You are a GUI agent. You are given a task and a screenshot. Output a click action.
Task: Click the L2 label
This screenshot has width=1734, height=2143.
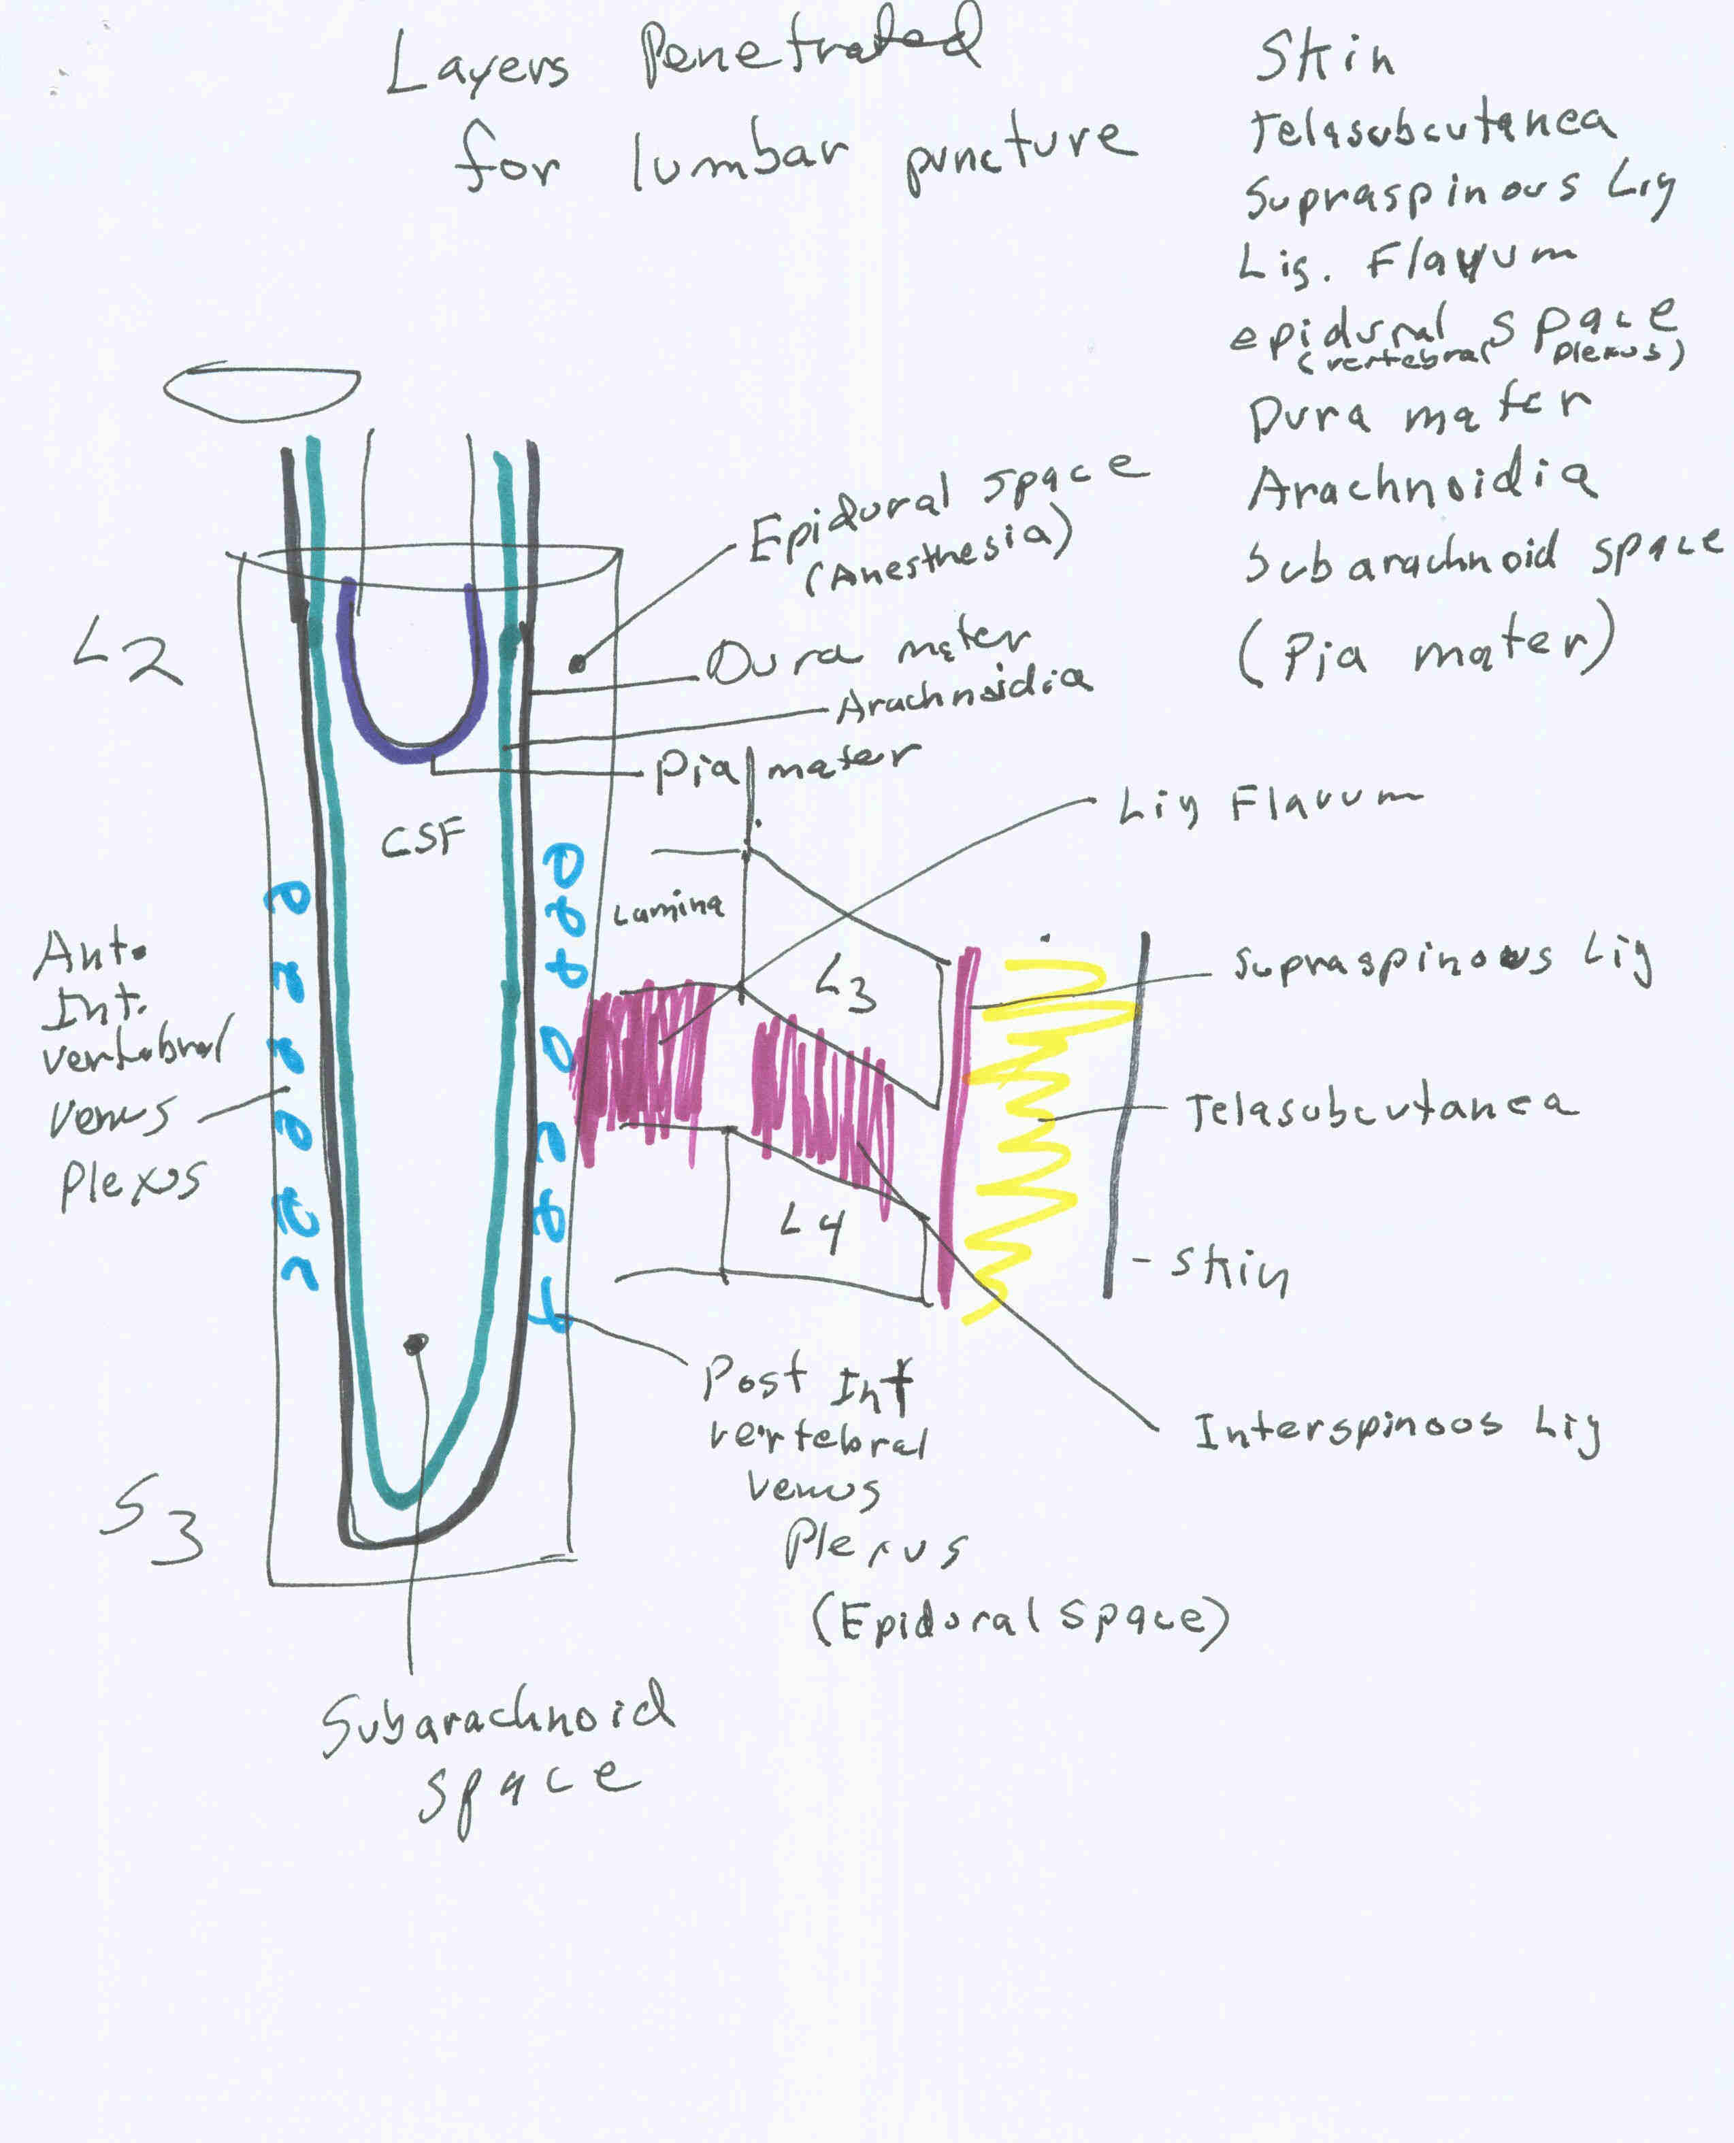coord(128,650)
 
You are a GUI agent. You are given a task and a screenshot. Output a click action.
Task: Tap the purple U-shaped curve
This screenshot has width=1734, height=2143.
coord(412,744)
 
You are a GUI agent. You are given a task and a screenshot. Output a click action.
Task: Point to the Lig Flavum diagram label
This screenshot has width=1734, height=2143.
coord(1269,804)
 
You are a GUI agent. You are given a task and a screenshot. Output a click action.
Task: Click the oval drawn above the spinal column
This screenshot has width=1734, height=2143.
coord(262,393)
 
